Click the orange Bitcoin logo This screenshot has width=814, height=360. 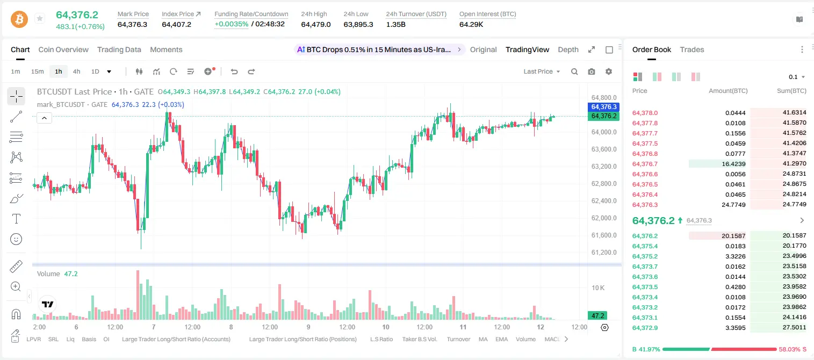19,19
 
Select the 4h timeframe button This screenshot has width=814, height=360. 76,71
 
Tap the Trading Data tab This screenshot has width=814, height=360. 119,49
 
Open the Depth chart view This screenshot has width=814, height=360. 568,49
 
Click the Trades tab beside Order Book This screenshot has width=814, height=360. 692,49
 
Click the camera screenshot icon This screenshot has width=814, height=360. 592,71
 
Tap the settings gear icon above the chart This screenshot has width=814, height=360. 609,71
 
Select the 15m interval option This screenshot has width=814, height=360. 38,71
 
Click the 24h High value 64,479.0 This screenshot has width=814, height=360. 316,24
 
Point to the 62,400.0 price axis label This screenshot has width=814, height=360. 604,201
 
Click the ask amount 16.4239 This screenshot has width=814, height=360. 733,164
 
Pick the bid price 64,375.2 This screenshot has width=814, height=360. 645,256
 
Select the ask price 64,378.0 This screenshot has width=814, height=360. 645,113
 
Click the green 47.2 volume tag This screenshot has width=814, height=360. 597,316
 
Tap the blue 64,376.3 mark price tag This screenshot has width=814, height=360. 603,107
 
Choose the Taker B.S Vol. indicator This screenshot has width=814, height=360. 419,339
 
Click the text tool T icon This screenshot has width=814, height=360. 16,219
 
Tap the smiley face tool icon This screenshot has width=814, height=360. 16,240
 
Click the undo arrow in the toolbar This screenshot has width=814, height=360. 234,71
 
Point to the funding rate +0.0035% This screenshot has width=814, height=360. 232,24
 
